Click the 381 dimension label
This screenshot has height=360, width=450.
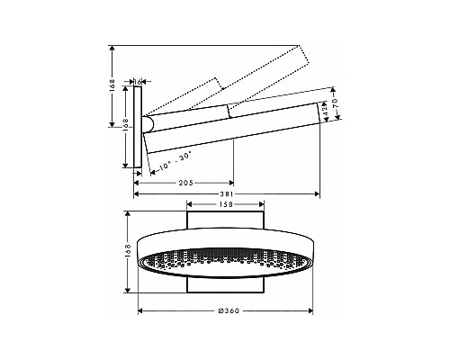228,193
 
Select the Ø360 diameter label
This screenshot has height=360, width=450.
229,312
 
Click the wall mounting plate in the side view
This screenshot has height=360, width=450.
139,127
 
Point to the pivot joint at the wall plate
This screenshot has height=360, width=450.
150,124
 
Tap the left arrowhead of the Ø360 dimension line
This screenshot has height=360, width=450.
141,312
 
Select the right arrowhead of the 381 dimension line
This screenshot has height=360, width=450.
319,193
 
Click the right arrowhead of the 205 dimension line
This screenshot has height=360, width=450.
231,183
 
